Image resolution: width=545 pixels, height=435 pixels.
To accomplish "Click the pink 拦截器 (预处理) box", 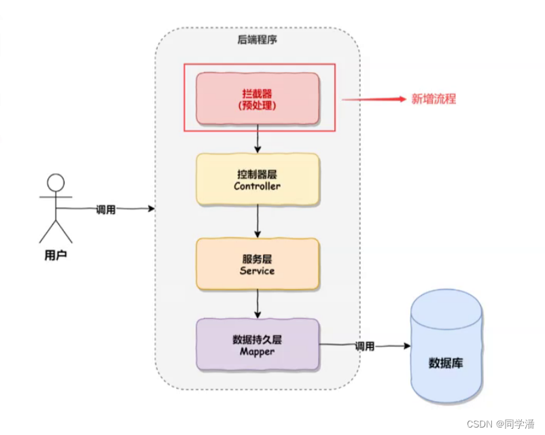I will pos(258,99).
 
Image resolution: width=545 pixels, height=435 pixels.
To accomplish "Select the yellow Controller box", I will pos(258,179).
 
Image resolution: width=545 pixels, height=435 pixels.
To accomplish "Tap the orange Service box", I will pos(258,264).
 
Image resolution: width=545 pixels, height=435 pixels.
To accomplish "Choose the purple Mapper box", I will pos(258,345).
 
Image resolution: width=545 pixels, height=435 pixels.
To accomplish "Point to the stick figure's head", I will pos(56,183).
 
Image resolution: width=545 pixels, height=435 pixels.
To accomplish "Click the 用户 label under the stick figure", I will pos(56,256).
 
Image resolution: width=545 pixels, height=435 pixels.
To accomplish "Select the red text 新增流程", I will pos(434,99).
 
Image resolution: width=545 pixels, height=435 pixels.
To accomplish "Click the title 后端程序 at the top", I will pos(257,40).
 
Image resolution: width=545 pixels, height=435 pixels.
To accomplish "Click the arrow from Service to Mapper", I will pos(258,304).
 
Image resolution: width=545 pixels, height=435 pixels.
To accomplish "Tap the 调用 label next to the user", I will pos(105,209).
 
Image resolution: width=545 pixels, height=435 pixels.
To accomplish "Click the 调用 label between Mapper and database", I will pos(364,346).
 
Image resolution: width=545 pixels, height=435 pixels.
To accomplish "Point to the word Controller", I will pos(257,186).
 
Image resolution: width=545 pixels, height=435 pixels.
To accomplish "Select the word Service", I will pos(257,271).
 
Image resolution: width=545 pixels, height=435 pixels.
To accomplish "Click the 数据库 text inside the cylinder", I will pos(446,362).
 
